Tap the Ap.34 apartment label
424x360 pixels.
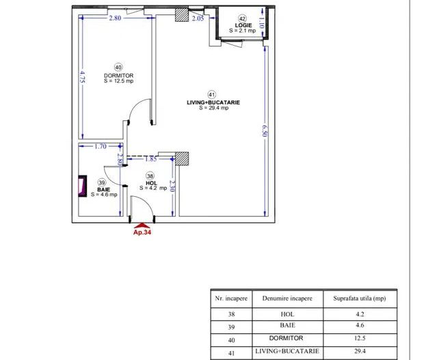pyautogui.click(x=142, y=231)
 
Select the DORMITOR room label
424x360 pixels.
pyautogui.click(x=118, y=75)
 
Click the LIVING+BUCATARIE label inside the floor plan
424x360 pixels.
pyautogui.click(x=213, y=102)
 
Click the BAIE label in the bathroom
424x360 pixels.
pyautogui.click(x=103, y=189)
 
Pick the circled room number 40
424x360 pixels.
pyautogui.click(x=118, y=67)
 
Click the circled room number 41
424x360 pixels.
pyautogui.click(x=212, y=94)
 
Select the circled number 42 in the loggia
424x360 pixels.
pyautogui.click(x=242, y=18)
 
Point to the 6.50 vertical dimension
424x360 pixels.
pyautogui.click(x=264, y=130)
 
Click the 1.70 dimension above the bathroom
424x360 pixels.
pyautogui.click(x=101, y=146)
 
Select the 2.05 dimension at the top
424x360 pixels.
pyautogui.click(x=197, y=18)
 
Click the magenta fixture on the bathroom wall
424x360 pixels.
pyautogui.click(x=82, y=186)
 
